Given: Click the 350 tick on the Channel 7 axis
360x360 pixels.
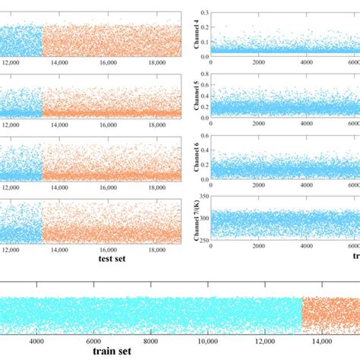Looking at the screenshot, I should pos(204,196).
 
